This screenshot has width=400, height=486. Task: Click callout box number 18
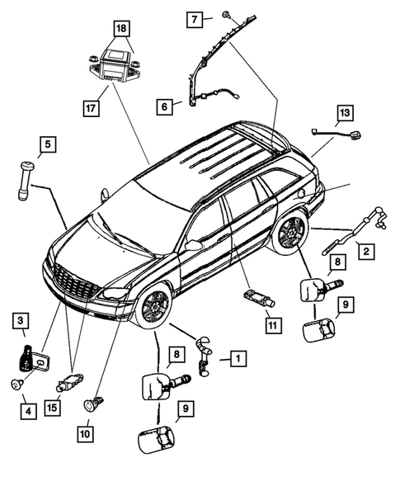point(121,29)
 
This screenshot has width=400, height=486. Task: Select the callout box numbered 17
point(91,106)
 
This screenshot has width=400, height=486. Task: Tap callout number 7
point(195,17)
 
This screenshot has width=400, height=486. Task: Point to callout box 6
point(165,106)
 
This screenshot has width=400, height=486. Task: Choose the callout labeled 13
point(344,112)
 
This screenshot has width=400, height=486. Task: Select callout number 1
point(237,358)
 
